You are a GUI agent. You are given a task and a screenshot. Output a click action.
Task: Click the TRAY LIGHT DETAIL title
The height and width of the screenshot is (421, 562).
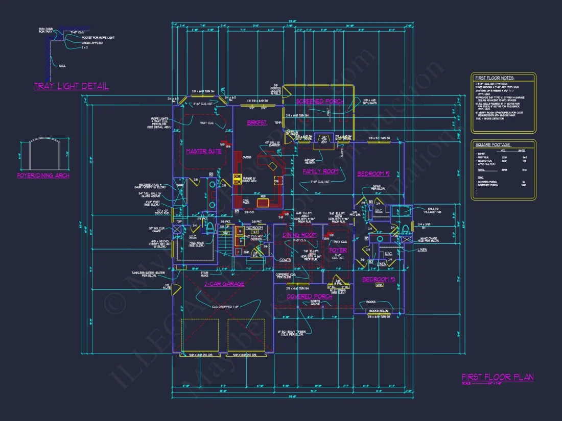(71, 86)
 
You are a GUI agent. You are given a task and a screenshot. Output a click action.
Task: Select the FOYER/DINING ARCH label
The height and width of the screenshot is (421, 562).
(43, 176)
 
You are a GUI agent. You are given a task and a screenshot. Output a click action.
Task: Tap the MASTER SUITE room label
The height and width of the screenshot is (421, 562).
(203, 151)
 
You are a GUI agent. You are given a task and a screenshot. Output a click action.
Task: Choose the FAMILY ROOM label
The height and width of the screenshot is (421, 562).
(320, 171)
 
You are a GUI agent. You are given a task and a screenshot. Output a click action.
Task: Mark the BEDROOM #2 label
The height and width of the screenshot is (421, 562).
(373, 174)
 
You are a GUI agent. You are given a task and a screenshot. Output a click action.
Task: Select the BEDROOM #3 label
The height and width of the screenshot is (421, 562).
(379, 279)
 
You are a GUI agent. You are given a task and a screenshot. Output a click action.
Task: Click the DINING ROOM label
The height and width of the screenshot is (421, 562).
(299, 235)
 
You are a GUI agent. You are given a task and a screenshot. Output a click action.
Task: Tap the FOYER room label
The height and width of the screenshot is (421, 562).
(338, 250)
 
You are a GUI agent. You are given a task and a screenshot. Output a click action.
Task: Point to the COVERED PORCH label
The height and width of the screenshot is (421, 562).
(310, 296)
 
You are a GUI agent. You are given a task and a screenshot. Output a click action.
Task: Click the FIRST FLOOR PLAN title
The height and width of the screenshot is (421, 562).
(497, 377)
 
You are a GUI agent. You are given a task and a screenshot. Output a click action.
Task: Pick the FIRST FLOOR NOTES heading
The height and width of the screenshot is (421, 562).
(495, 78)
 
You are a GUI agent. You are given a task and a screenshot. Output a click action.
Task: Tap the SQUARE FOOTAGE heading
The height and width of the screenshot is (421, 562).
(493, 145)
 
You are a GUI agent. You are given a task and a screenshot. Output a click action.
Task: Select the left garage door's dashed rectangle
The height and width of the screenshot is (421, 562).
(201, 335)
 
